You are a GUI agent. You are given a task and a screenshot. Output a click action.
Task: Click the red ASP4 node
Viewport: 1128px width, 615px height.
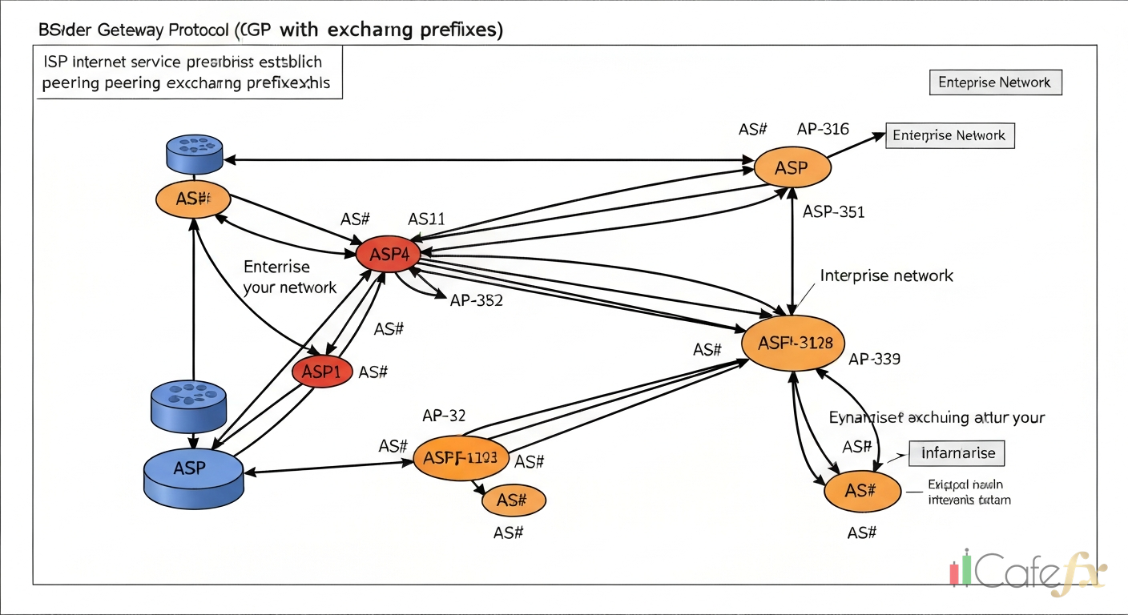tap(388, 255)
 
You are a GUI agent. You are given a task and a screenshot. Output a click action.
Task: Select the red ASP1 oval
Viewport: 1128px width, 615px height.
tap(322, 372)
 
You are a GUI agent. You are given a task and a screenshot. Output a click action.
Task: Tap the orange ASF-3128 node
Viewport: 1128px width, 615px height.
tap(796, 343)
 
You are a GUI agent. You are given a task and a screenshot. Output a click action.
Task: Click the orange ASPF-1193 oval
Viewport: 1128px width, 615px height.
tap(461, 458)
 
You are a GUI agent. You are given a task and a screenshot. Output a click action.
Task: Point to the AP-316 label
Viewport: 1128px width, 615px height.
tap(823, 129)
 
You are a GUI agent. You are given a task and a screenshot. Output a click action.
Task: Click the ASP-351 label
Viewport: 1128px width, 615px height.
tap(833, 212)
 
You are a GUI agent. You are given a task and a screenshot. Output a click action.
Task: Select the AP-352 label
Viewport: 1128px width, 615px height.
tap(476, 300)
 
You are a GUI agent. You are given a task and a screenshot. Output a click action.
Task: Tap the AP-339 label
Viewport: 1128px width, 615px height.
tap(874, 359)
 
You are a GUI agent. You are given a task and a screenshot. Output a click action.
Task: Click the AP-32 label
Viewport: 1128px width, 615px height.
tap(444, 415)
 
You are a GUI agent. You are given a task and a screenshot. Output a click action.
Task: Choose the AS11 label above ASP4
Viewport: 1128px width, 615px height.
tap(426, 219)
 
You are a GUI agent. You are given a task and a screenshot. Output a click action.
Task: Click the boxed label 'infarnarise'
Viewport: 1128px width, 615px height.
tap(958, 453)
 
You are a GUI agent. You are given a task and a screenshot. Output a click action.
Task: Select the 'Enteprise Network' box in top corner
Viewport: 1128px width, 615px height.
tap(995, 82)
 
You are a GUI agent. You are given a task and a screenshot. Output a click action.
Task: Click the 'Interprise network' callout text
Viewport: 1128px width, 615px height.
tap(887, 275)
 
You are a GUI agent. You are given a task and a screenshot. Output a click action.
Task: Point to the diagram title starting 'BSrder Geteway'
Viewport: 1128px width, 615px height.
tap(271, 30)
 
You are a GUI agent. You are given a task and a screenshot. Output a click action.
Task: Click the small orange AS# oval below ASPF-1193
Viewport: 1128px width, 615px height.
tap(514, 500)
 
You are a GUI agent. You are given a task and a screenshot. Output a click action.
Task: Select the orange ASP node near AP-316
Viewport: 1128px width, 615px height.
tap(792, 168)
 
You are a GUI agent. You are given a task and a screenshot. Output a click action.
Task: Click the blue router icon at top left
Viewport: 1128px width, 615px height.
tap(194, 153)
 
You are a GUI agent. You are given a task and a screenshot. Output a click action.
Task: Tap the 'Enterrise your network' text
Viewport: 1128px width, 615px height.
tap(289, 277)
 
